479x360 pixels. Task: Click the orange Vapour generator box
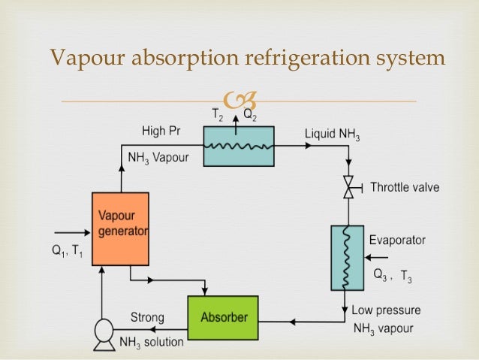[x=120, y=228]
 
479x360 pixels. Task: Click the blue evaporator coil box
[x=346, y=257]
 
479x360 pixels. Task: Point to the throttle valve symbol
[x=348, y=187]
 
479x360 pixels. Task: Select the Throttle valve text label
[x=405, y=187]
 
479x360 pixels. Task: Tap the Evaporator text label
[x=397, y=241]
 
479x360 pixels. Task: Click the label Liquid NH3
[x=332, y=135]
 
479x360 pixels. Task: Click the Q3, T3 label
[x=392, y=276]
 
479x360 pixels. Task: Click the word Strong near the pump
[x=148, y=316]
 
